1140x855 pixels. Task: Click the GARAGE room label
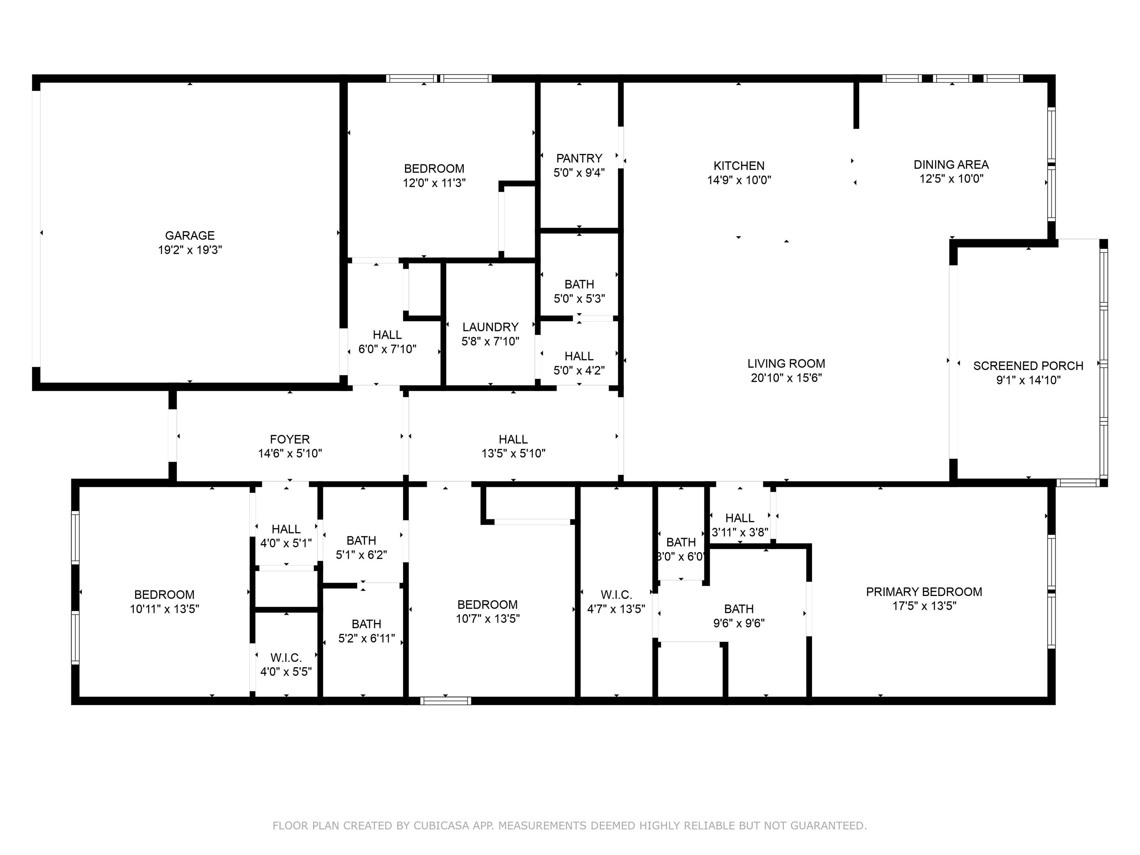[x=190, y=236]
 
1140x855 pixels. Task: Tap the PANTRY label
[x=579, y=158]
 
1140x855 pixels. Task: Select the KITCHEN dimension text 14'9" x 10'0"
[x=739, y=180]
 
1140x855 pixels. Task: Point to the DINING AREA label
[x=951, y=164]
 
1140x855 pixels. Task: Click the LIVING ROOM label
[x=786, y=363]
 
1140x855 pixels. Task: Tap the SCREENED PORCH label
[x=1028, y=366]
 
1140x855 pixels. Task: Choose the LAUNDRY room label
[x=491, y=327]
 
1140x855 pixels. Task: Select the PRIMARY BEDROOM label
[x=924, y=592]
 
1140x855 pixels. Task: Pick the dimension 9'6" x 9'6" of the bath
[x=739, y=623]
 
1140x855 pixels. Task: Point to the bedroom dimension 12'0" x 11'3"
[x=435, y=183]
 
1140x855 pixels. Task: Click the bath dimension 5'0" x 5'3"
[x=579, y=298]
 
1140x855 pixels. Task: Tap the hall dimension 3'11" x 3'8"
[x=740, y=533]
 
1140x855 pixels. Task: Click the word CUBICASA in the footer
[x=441, y=826]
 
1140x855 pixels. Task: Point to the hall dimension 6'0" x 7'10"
[x=387, y=349]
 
